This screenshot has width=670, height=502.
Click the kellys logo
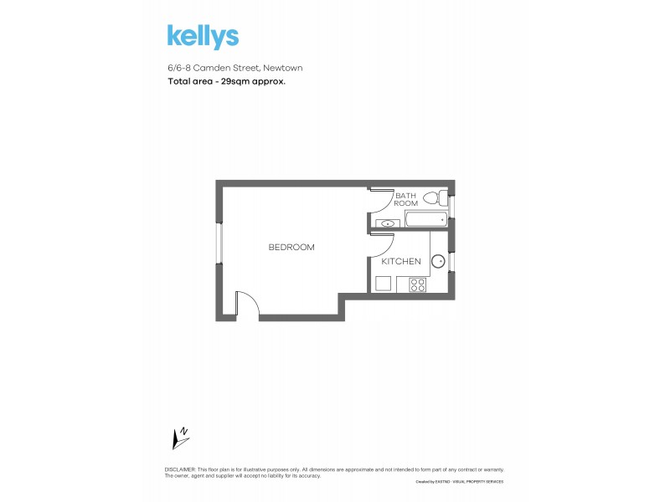203,37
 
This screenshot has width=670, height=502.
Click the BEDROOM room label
291,247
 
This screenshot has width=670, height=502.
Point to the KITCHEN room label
401,261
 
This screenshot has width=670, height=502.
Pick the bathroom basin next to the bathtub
387,223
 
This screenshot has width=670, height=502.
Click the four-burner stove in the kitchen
417,284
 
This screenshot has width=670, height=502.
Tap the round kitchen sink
437,261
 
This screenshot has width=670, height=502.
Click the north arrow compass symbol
179,438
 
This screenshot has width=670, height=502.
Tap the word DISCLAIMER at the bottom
180,470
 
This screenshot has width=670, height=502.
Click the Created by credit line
459,482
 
